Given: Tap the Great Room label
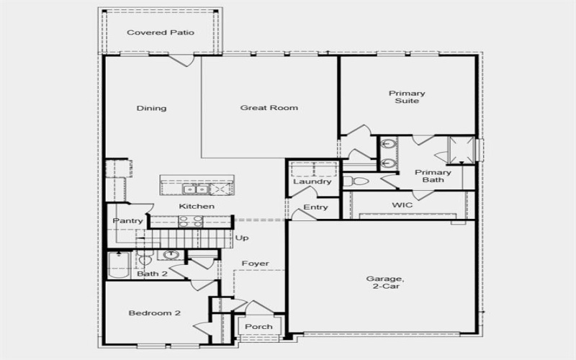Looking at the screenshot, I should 269,108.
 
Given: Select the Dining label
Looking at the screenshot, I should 151,109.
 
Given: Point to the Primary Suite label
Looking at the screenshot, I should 407,97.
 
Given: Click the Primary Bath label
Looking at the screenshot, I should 433,176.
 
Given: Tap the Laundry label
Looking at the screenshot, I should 312,181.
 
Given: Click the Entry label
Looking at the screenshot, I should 315,207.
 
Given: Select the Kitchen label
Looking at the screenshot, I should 197,207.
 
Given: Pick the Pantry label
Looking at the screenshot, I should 127,220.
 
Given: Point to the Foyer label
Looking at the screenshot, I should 255,264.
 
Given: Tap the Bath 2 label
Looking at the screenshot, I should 152,274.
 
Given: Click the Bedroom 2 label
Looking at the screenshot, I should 154,313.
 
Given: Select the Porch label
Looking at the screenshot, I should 258,327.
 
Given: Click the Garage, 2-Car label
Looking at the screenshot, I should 382,282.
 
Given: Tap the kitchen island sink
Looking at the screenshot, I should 192,190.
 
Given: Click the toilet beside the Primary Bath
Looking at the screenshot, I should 356,181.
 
